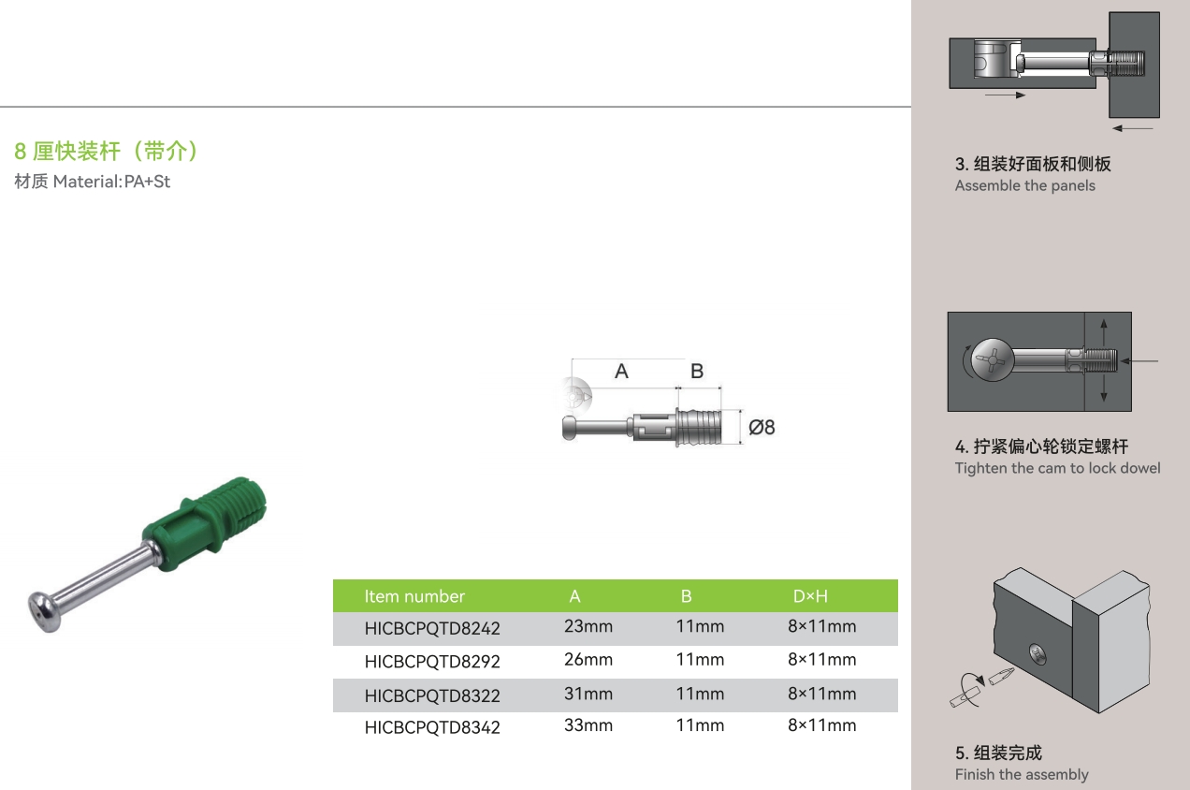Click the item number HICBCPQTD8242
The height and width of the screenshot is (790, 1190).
click(x=432, y=628)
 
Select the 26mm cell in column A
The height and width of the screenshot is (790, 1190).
click(x=588, y=660)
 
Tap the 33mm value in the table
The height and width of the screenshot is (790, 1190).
click(x=588, y=725)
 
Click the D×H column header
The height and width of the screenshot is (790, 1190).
click(x=810, y=596)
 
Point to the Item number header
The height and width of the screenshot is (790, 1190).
click(x=414, y=596)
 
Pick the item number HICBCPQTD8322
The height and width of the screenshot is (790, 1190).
click(x=432, y=695)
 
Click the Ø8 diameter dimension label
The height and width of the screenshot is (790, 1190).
click(x=762, y=427)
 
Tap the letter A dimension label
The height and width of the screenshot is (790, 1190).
click(x=621, y=371)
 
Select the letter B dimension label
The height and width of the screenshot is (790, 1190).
click(x=697, y=371)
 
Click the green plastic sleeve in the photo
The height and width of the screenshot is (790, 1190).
click(x=205, y=523)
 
